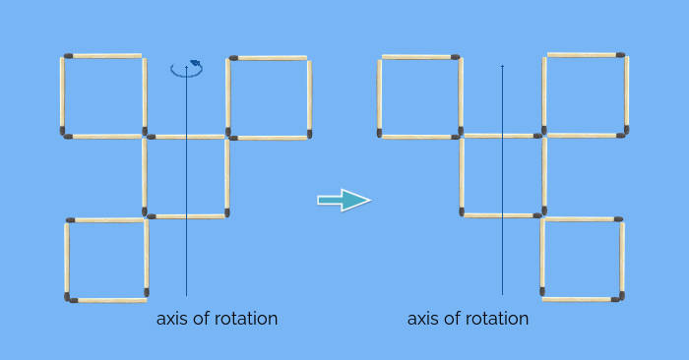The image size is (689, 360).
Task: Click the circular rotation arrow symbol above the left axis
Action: [x=186, y=69]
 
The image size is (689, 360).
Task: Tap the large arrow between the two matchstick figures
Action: [x=344, y=201]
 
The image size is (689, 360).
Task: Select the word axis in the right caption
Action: [x=424, y=319]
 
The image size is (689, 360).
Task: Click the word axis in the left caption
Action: [x=173, y=319]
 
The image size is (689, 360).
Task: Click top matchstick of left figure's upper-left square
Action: [x=103, y=56]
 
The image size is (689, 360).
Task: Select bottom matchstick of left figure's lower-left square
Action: [x=107, y=299]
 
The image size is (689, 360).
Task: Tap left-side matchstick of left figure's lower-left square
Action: [x=67, y=259]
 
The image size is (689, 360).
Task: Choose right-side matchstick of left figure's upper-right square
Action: [x=309, y=97]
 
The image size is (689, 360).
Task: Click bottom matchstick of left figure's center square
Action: [x=186, y=215]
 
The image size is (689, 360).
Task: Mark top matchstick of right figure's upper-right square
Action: [x=586, y=54]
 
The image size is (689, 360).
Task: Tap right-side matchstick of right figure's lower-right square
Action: [x=622, y=259]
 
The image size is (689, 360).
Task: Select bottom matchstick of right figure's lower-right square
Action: [x=582, y=299]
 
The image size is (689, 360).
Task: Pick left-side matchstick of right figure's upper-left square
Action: [x=380, y=96]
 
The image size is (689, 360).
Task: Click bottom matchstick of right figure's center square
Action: [x=502, y=214]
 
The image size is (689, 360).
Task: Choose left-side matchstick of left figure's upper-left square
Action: [x=62, y=95]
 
